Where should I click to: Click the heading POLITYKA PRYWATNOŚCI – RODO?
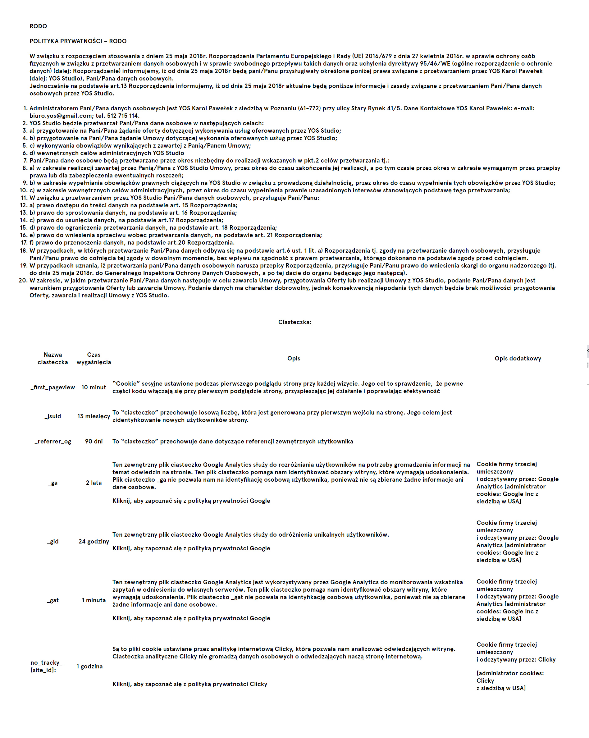(x=78, y=41)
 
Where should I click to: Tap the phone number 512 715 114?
(x=123, y=116)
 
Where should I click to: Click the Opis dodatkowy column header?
(x=518, y=358)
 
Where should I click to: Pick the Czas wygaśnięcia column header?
(x=94, y=358)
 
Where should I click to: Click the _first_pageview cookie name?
(x=53, y=387)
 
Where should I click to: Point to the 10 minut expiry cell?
(x=94, y=387)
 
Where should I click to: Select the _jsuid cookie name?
(x=53, y=416)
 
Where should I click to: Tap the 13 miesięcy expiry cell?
(x=94, y=416)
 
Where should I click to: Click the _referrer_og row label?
(x=53, y=441)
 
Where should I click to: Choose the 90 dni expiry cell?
(x=94, y=441)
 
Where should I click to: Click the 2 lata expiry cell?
(x=94, y=483)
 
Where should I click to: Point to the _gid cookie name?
(x=53, y=542)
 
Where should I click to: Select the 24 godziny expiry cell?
(x=94, y=542)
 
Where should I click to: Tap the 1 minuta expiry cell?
(x=94, y=600)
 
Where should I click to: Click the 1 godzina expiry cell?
(x=90, y=666)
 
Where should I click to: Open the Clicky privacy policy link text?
(x=189, y=684)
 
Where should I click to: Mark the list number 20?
(x=23, y=280)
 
